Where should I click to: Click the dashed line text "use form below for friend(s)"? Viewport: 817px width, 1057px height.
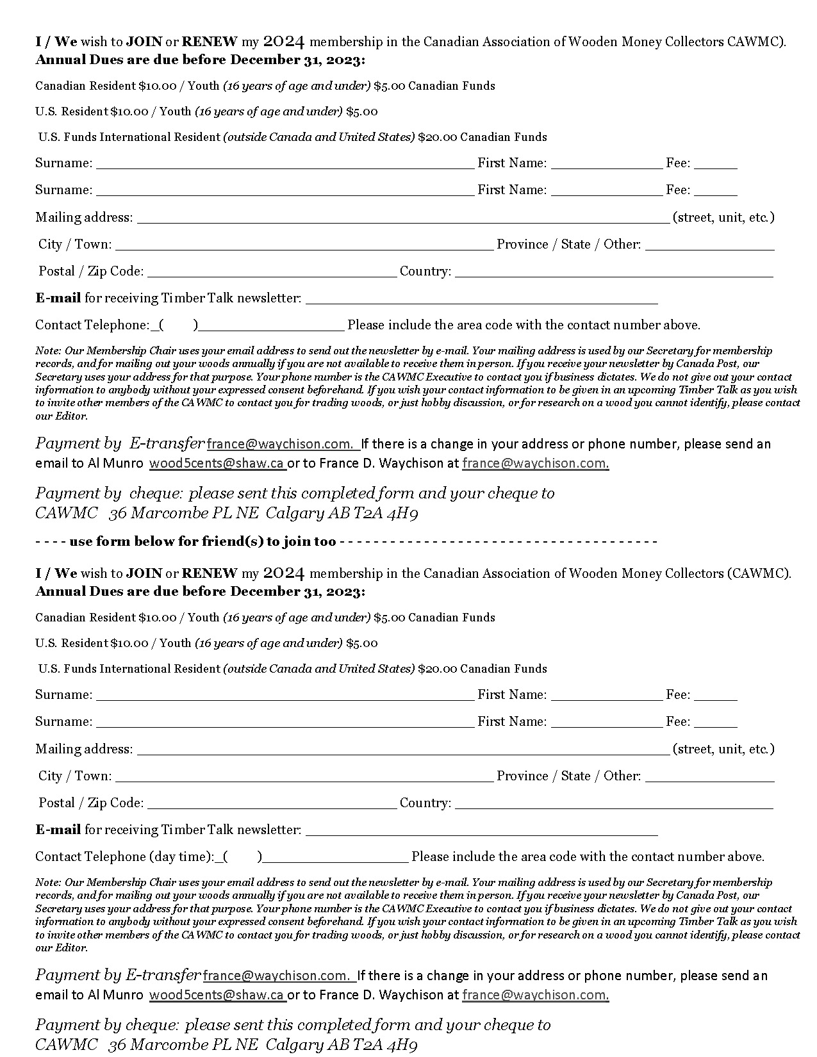point(202,542)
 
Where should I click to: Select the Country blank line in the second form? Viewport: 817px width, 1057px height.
point(613,804)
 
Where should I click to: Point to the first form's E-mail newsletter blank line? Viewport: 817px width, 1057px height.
point(481,299)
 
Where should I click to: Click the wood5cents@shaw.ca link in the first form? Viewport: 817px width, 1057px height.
point(217,463)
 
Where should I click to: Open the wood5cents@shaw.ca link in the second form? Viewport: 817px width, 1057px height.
point(217,995)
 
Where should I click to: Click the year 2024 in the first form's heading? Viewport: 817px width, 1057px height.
point(283,42)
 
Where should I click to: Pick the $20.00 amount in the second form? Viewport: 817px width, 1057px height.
point(438,669)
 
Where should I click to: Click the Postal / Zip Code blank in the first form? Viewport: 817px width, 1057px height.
point(272,272)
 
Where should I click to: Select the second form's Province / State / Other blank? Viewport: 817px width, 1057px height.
point(709,777)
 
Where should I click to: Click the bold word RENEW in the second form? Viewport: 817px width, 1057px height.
point(210,573)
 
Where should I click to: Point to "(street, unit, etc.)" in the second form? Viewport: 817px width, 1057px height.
point(723,749)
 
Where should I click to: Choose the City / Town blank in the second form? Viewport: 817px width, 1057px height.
point(304,777)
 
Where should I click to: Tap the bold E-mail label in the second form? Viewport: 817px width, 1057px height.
point(58,830)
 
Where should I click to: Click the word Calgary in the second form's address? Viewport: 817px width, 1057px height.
point(294,1045)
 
